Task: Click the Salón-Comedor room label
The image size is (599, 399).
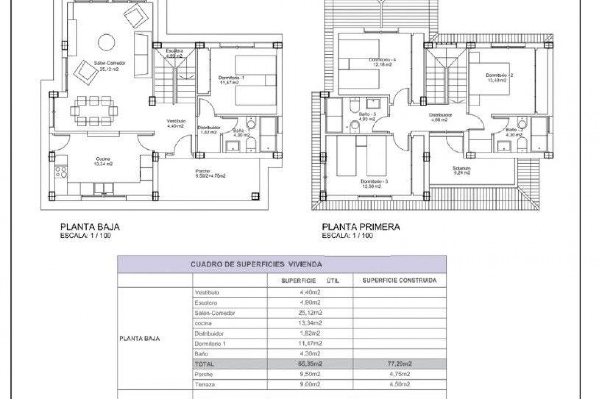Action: tap(110, 63)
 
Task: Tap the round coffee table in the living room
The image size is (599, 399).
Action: tap(106, 42)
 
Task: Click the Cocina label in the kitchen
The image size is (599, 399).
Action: tap(103, 159)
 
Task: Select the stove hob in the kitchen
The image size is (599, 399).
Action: tap(61, 172)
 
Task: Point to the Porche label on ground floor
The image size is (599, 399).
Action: tap(202, 171)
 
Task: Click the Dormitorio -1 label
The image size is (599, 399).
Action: tap(231, 78)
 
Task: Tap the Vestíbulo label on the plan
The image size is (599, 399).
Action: tap(176, 121)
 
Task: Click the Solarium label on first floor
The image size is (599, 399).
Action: tap(461, 168)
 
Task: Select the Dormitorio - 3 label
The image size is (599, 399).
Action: tap(374, 181)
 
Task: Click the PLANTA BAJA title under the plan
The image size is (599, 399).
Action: tap(90, 227)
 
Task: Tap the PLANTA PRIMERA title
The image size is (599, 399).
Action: tap(361, 227)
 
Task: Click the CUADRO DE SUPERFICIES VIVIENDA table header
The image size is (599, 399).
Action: tap(256, 264)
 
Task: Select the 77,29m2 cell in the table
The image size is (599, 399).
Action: tap(399, 364)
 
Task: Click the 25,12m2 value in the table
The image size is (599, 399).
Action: tap(310, 313)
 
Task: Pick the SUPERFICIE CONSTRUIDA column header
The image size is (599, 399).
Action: tap(399, 281)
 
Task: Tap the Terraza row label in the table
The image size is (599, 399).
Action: tap(205, 385)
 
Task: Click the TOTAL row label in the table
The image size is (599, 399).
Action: tap(204, 364)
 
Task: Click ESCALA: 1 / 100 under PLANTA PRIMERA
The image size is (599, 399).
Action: tap(347, 236)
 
